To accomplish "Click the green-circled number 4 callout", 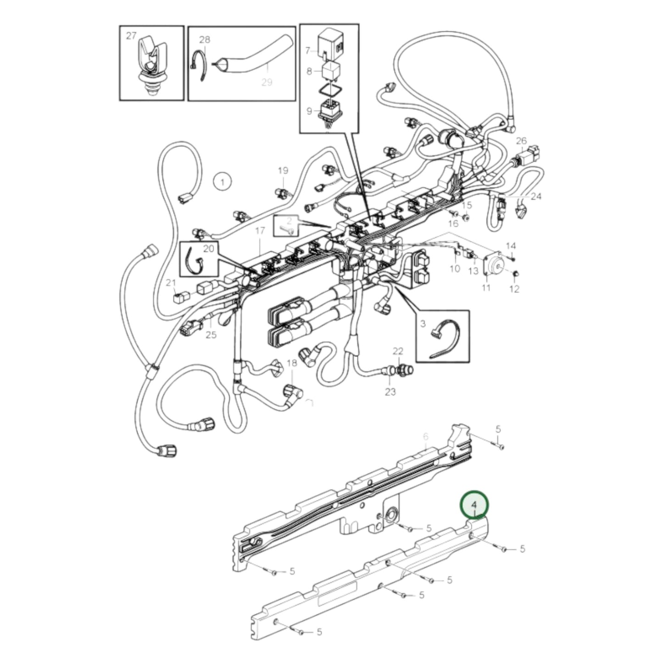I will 475,505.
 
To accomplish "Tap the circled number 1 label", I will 223,182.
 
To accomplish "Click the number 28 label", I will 205,39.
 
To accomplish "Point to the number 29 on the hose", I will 267,82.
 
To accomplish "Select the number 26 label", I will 522,140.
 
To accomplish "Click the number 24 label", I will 536,196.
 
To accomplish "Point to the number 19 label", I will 283,171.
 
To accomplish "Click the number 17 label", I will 260,230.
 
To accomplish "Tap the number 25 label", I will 211,334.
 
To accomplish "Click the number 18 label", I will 292,363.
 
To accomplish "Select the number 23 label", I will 390,392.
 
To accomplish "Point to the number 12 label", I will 514,289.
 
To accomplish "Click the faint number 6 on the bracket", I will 425,436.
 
